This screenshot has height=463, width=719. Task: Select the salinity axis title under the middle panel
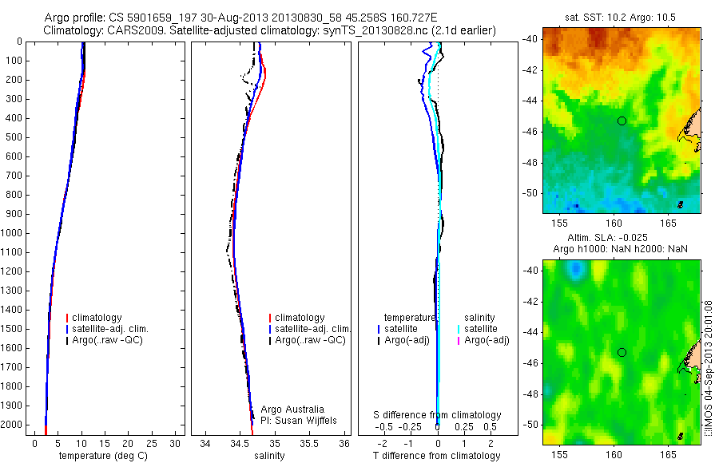coord(269,456)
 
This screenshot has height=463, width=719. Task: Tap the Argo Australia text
coord(292,409)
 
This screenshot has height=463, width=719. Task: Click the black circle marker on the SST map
coord(622,121)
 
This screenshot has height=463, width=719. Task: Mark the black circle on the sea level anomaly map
coord(622,352)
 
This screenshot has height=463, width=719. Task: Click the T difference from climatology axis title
coord(436,456)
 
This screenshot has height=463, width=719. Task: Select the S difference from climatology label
coord(438,415)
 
